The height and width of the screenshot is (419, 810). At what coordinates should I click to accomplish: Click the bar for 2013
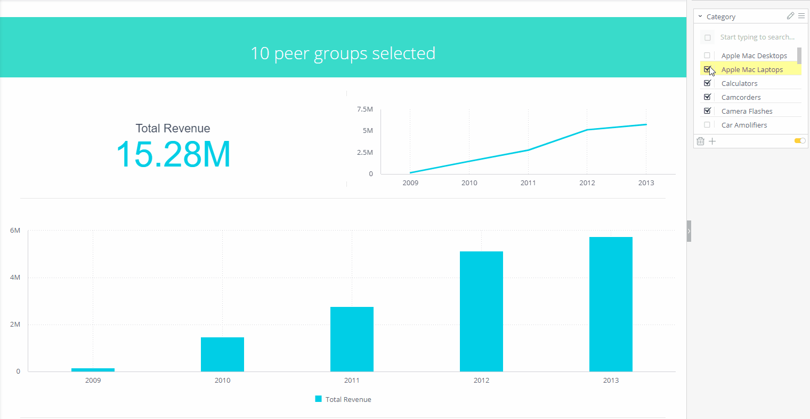pos(611,304)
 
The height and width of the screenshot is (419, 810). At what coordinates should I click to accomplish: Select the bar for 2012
pos(481,311)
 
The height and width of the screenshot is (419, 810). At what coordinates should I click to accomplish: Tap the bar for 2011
pos(352,339)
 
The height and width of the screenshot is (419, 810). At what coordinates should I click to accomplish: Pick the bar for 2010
pos(222,354)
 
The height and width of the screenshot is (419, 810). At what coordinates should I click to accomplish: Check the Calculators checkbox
pos(707,83)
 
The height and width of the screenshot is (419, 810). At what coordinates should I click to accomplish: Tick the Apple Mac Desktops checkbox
pos(707,56)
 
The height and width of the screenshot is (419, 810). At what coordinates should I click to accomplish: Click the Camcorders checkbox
pos(707,97)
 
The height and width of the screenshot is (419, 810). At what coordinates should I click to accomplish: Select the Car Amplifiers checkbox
pos(707,125)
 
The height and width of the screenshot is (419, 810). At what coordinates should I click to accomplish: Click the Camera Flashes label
pos(747,111)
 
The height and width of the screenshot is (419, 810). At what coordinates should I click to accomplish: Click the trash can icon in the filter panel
pos(700,141)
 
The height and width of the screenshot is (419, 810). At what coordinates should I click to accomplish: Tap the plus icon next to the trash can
pos(712,141)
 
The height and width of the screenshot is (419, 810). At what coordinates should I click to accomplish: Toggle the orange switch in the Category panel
pos(800,141)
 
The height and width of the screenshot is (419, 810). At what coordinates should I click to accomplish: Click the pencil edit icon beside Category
pos(790,16)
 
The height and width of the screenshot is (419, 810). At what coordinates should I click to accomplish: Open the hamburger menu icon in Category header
pos(801,16)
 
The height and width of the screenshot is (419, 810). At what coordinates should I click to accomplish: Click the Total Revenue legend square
pos(318,399)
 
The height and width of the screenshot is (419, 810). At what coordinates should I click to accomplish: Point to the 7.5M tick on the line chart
pos(365,109)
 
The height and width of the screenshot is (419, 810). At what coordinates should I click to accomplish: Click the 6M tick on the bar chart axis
pos(15,231)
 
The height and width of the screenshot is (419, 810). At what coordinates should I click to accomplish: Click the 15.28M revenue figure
pos(173,154)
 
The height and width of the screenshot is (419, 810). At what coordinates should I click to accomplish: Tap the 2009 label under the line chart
pos(410,183)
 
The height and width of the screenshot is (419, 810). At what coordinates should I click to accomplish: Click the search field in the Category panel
pos(757,37)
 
